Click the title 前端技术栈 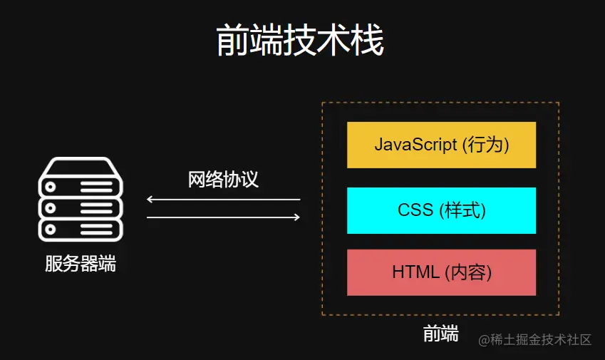pos(300,41)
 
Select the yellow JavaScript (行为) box pos(441,145)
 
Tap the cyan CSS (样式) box pos(441,210)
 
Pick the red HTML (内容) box pos(441,272)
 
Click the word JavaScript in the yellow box pos(415,145)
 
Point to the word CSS pos(415,210)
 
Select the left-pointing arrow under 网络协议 pos(222,200)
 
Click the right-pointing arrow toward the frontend pos(224,217)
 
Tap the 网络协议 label pos(223,179)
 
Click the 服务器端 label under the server pos(80,264)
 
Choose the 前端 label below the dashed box pos(440,334)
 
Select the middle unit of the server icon pos(80,208)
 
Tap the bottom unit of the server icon pos(80,230)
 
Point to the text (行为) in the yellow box pos(485,145)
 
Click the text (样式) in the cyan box pos(462,210)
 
